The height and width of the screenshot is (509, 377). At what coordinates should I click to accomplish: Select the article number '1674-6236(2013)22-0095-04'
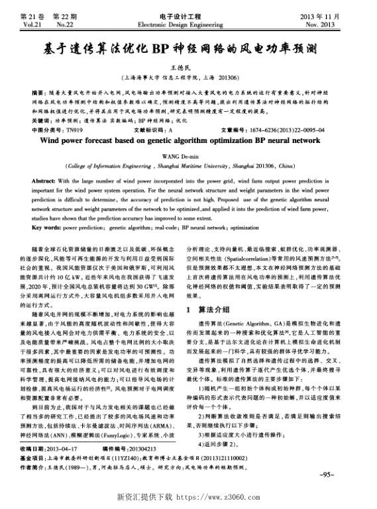pyautogui.click(x=279, y=130)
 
